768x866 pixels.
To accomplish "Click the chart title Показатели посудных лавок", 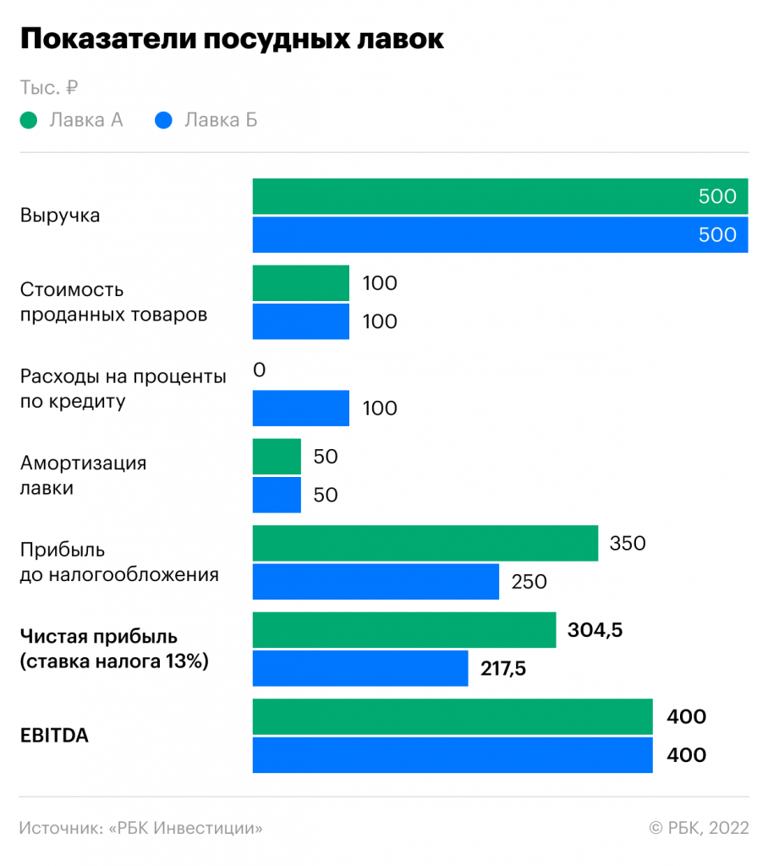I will point(231,40).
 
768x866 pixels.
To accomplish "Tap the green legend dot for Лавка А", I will point(29,120).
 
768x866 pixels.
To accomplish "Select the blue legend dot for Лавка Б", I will point(164,120).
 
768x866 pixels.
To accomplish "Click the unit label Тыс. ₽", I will point(49,87).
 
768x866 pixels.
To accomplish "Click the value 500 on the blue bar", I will point(717,235).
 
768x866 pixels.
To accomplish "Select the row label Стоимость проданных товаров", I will point(113,303).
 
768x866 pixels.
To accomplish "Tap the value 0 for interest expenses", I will point(260,370).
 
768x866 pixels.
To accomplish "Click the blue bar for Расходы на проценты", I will point(301,408).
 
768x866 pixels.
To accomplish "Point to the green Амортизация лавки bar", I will point(277,457).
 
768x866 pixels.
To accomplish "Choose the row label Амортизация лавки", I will point(83,476).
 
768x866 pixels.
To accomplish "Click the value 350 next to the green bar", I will point(628,544).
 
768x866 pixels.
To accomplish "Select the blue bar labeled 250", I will point(376,582).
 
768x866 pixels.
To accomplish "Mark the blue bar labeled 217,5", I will point(360,668).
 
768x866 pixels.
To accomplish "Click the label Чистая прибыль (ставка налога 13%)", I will point(113,649).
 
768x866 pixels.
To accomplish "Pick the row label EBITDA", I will point(54,736).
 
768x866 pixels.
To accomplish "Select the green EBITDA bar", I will point(453,717).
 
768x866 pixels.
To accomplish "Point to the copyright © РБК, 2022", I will point(699,828).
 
